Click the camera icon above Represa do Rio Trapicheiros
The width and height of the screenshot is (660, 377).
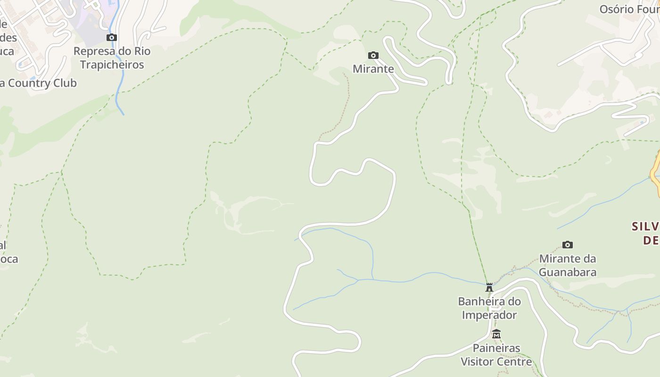[x=112, y=38]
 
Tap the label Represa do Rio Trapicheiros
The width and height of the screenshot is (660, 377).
[x=112, y=58]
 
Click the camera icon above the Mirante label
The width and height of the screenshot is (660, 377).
[x=373, y=56]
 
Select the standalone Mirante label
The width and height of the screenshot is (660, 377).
[x=373, y=69]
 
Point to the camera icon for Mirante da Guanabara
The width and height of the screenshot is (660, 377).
[x=568, y=245]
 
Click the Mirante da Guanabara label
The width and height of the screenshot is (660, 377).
[x=568, y=265]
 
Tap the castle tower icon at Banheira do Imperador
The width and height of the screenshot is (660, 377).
[x=489, y=287]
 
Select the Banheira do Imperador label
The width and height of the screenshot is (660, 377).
[x=489, y=308]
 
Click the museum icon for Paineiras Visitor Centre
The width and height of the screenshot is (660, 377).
[x=496, y=334]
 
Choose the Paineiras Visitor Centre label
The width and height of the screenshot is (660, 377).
[x=496, y=355]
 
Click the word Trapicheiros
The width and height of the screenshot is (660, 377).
[x=112, y=65]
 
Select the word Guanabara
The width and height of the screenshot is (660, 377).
[x=568, y=272]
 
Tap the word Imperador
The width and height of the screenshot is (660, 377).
[x=489, y=314]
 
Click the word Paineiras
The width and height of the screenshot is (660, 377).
[x=496, y=348]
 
